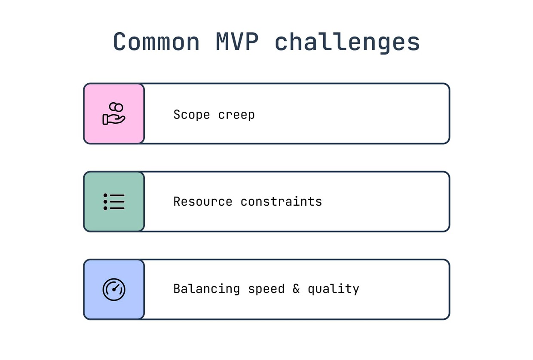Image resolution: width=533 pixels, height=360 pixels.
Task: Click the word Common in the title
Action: point(156,42)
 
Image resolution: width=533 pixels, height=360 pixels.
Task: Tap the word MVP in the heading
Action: point(237,41)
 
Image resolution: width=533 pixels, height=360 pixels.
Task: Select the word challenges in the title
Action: point(347,43)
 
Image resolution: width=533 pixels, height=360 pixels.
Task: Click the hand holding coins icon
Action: point(114,113)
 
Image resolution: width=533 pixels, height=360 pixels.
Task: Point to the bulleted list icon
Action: point(114,201)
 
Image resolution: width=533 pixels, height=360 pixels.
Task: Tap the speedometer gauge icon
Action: point(114,290)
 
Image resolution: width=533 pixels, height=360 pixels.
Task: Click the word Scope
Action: point(192,115)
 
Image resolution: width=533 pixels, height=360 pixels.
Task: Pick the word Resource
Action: point(203,201)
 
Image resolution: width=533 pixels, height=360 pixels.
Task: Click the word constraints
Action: point(281,201)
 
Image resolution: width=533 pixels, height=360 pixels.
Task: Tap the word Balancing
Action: point(206,289)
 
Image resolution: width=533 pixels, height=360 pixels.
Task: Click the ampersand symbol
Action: point(296,289)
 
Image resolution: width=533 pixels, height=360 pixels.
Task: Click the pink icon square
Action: point(114,114)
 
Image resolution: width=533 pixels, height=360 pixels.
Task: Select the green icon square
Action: point(114,201)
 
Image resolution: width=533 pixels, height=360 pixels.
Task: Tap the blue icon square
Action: point(114,290)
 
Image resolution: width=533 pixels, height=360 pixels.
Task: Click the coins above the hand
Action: point(116,107)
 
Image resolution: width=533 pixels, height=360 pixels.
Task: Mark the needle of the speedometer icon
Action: point(116,287)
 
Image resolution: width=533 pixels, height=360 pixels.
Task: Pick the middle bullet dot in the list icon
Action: point(105,201)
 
